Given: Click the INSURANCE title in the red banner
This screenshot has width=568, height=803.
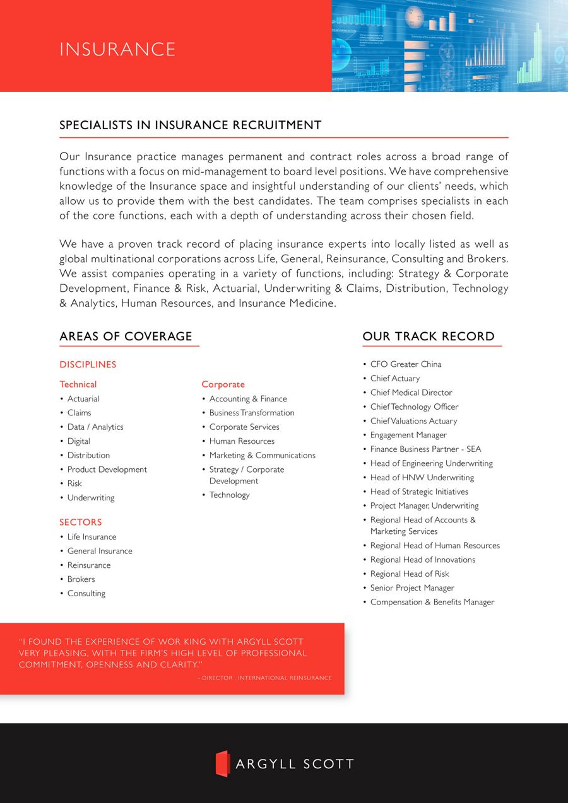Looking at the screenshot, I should [117, 49].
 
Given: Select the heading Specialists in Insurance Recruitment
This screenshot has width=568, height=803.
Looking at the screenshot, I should [190, 125].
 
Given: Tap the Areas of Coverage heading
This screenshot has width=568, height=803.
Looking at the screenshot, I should [126, 336].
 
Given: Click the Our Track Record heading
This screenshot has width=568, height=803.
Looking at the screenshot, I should [428, 336].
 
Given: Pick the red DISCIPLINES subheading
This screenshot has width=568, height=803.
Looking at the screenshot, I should [88, 364].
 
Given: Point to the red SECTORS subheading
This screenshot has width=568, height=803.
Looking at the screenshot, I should [80, 522].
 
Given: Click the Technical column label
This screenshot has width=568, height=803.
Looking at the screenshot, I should [78, 384].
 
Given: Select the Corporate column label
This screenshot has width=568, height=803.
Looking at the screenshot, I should [223, 384].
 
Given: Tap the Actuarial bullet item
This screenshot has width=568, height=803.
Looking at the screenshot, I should [83, 398].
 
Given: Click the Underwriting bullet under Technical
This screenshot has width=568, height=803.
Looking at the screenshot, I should [91, 497].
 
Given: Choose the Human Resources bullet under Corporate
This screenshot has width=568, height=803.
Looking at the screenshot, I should [242, 441].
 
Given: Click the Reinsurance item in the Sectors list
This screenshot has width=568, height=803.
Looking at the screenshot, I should [89, 565].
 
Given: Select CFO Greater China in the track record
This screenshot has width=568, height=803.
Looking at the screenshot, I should [405, 364].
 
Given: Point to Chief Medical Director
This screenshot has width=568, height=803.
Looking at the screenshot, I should [411, 392].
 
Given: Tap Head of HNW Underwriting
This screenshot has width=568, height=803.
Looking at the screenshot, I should [422, 477].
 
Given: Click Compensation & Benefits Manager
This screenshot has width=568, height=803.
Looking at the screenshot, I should [432, 602].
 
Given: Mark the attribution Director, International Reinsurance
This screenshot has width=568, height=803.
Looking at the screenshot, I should [266, 678].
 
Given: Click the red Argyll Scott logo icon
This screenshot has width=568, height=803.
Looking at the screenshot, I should [222, 763].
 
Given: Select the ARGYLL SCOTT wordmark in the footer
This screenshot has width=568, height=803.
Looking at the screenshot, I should [294, 764].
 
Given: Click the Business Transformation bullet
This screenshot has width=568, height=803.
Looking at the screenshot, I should [252, 412].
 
